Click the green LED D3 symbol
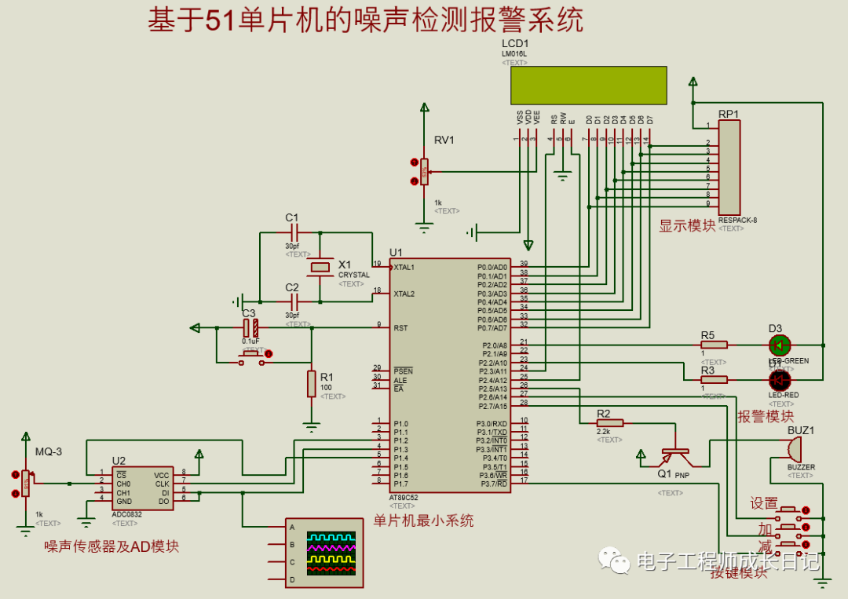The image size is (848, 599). coord(779,345)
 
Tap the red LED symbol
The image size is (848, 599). coord(779,380)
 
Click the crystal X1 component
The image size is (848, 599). coord(320,268)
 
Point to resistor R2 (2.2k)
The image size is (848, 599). coord(609,422)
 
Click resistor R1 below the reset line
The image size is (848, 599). coord(312,384)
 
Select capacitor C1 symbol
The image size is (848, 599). coord(294,233)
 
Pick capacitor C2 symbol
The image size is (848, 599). coord(294,300)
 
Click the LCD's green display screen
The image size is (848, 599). coord(588,85)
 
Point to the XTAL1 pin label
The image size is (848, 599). coord(404,268)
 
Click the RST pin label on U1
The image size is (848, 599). coord(400,328)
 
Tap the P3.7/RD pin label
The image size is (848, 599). coord(492,484)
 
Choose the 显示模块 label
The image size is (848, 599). coord(687,225)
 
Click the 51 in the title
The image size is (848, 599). coord(220,20)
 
